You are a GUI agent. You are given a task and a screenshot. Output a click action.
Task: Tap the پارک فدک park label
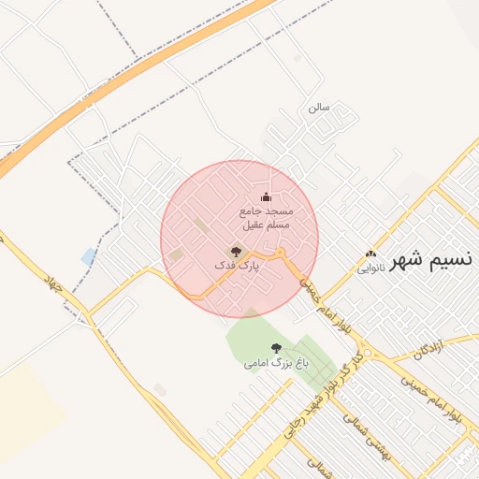point(236,267)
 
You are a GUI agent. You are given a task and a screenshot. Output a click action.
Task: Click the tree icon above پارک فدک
point(236,251)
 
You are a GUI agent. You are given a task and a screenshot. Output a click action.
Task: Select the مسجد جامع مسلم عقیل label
point(267,219)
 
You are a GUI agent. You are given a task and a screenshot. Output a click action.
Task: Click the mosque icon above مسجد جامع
point(266,196)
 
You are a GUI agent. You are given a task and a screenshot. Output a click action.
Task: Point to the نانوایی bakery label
point(370,268)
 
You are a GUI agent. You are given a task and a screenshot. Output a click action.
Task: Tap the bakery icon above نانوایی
point(370,254)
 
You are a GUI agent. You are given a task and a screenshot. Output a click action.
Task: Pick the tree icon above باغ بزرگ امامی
point(274,347)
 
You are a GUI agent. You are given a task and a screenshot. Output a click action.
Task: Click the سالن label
point(319,108)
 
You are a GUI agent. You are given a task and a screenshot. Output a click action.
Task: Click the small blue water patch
point(89,255)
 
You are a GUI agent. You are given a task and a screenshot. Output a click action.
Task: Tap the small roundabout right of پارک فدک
point(281,254)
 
